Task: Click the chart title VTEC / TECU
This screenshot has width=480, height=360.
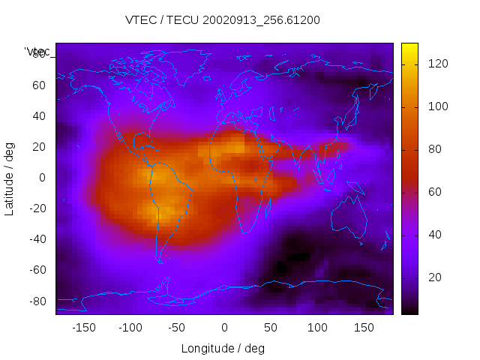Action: click(x=222, y=20)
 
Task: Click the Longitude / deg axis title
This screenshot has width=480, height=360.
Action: click(x=223, y=348)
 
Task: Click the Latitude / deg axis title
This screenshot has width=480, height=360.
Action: click(x=10, y=178)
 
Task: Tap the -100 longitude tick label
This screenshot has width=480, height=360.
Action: click(x=130, y=328)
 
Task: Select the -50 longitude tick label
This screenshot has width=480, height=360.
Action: click(x=177, y=328)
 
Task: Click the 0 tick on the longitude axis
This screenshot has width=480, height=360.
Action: click(x=224, y=328)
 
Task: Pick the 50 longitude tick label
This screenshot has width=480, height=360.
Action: click(x=271, y=328)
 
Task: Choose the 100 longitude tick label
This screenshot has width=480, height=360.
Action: click(x=318, y=328)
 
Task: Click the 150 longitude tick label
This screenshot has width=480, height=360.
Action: click(x=364, y=328)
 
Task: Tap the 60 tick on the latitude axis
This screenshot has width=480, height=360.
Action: click(x=38, y=85)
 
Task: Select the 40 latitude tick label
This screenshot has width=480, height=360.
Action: click(x=38, y=116)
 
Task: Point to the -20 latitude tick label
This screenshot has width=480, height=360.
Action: click(x=36, y=208)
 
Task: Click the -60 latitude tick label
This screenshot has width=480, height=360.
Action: click(x=36, y=270)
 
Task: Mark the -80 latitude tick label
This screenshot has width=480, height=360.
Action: click(x=36, y=301)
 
